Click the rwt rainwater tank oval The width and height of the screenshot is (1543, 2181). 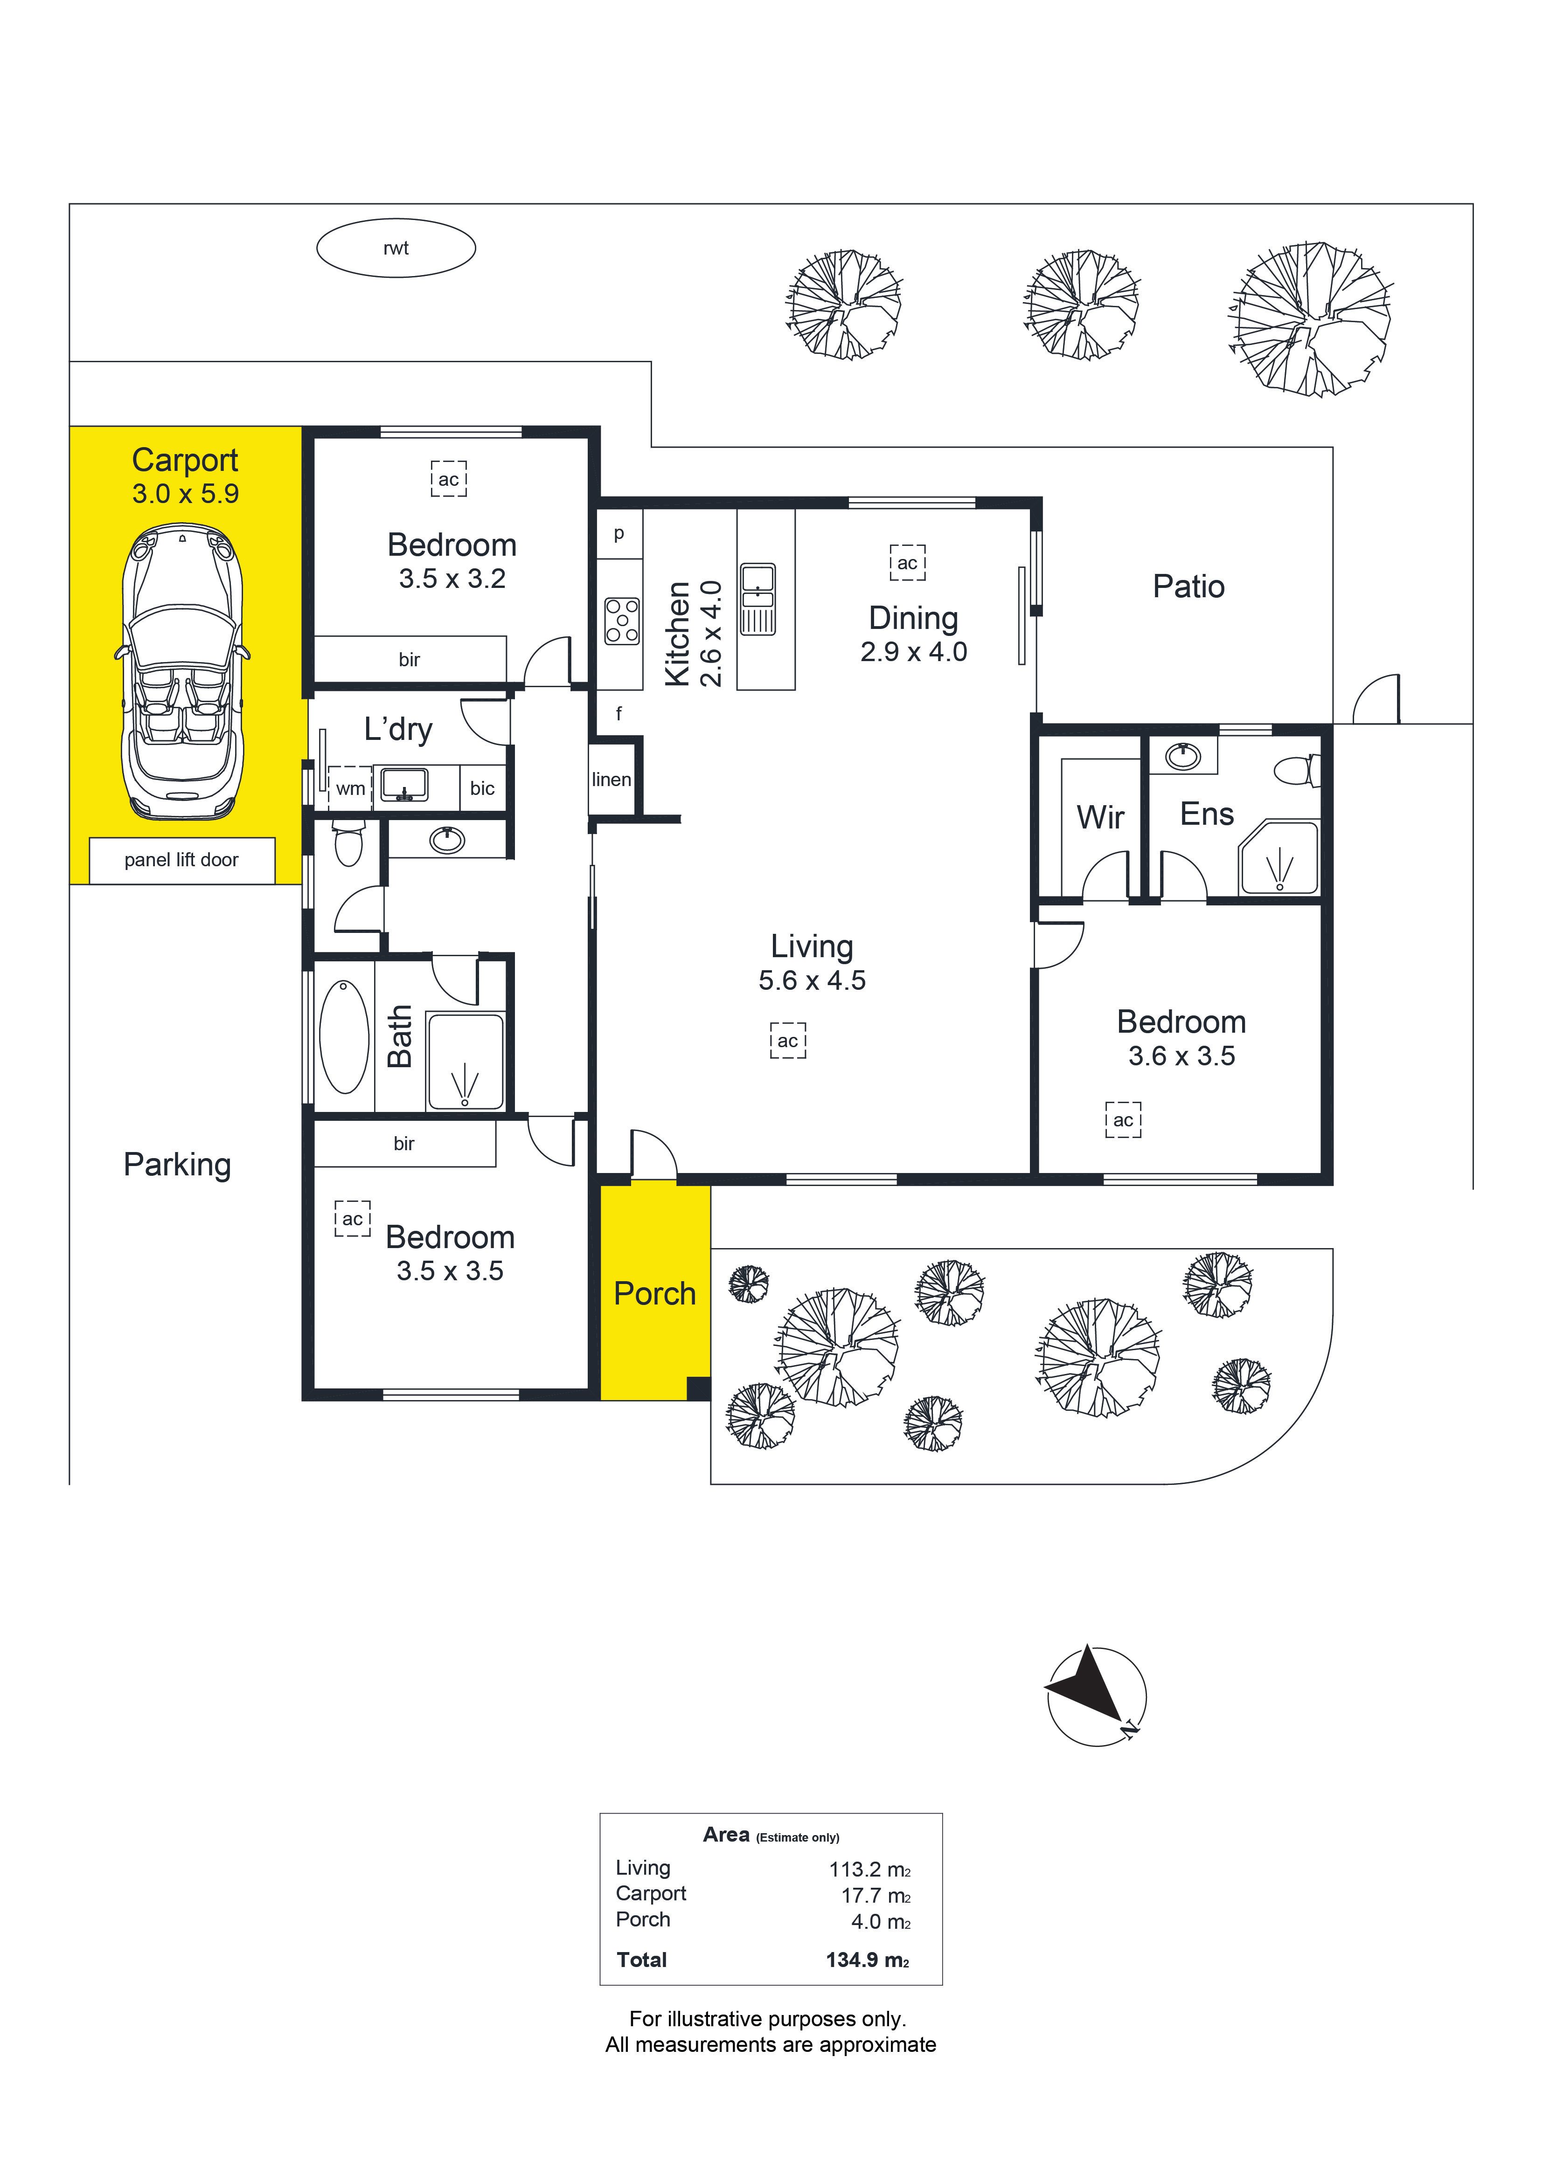click(395, 248)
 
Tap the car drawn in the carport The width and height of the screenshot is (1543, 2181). click(182, 675)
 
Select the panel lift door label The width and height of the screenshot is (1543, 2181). click(181, 860)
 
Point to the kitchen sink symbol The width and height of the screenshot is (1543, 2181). click(757, 599)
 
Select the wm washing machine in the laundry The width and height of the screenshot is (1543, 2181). click(350, 788)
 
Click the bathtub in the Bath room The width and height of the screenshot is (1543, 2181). click(344, 1037)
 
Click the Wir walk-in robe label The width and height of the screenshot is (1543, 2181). click(1100, 817)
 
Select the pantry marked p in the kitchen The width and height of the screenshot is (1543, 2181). click(619, 534)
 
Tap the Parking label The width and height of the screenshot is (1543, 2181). click(178, 1165)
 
